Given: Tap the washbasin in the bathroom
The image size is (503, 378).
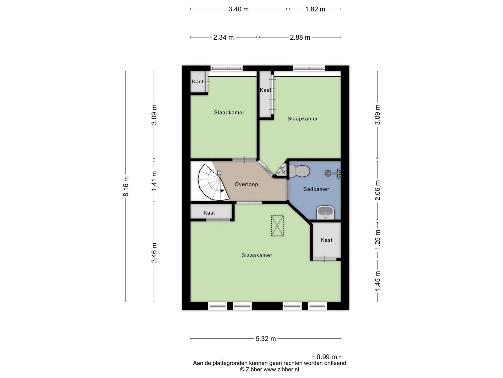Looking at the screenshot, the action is [x=326, y=212].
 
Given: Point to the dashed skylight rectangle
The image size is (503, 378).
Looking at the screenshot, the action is [x=277, y=226].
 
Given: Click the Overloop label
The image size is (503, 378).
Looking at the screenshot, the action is [x=246, y=184].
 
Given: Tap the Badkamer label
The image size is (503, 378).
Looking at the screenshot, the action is [x=316, y=189].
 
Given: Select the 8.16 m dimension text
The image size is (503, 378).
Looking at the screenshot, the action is [x=126, y=186].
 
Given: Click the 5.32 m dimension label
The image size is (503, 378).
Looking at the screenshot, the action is [x=266, y=339].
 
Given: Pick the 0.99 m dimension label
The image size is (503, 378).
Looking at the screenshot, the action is [x=327, y=357].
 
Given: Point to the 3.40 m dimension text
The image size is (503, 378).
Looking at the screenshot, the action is [x=238, y=9].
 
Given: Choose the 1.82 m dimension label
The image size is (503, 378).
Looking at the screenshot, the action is [x=315, y=9].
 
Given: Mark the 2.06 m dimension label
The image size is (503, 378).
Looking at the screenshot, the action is [x=378, y=190].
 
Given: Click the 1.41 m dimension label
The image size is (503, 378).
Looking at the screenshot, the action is [x=154, y=181].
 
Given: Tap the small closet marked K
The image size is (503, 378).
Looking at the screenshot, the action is [x=282, y=171].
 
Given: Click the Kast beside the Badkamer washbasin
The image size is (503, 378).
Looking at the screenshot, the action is [x=326, y=240].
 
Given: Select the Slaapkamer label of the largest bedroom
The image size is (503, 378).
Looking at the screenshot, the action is [x=257, y=255].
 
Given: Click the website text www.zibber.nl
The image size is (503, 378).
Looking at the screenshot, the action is [x=281, y=370].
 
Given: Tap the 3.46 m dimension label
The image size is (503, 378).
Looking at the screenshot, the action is [x=154, y=253].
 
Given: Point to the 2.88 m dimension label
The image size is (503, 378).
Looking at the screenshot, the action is [x=300, y=38].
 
